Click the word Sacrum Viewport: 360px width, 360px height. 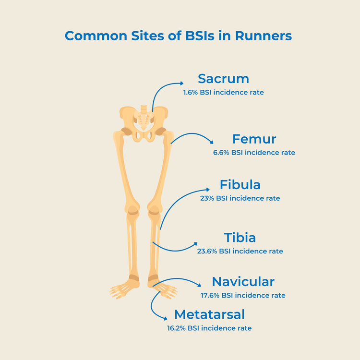point(223,79)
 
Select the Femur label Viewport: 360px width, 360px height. point(254,139)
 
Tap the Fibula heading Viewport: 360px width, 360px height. point(240,185)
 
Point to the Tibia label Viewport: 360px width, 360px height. point(240,238)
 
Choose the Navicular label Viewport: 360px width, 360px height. point(243,282)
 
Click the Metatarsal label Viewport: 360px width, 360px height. point(209,314)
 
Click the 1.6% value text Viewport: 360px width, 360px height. point(191,92)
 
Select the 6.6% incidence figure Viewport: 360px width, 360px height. point(221,153)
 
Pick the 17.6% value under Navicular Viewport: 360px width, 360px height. point(209,295)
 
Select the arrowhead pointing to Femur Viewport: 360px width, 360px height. point(212,142)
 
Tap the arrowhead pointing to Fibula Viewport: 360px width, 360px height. point(207,189)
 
